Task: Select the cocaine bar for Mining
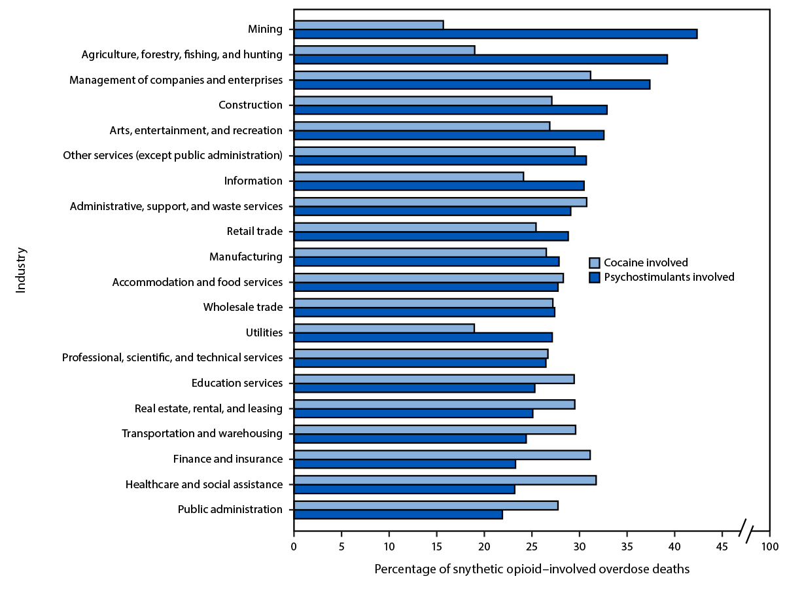(x=368, y=25)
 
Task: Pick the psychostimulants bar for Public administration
(x=398, y=514)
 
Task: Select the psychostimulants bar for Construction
(x=450, y=110)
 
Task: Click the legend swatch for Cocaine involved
(x=595, y=263)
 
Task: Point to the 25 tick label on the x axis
(x=532, y=546)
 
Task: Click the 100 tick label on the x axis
(x=769, y=546)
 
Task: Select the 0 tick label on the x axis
(x=294, y=546)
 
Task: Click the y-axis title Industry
(x=21, y=270)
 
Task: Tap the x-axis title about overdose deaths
(x=532, y=569)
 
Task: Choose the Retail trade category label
(x=254, y=232)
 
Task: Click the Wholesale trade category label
(x=243, y=307)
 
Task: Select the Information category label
(x=253, y=181)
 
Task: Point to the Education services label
(x=237, y=383)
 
